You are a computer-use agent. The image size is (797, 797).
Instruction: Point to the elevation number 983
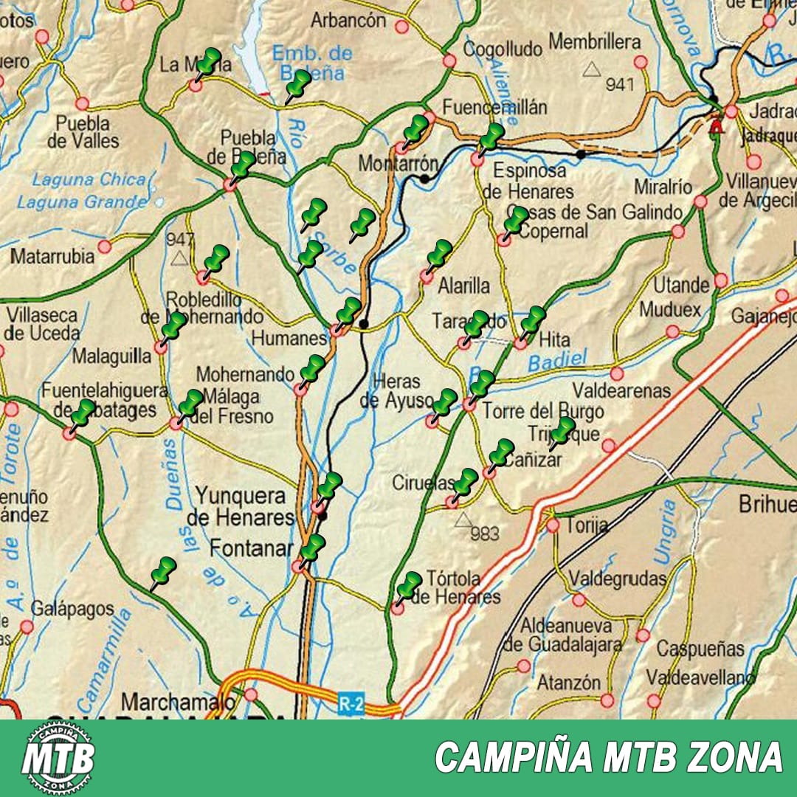tap(484, 533)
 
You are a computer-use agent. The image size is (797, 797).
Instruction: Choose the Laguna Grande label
tap(81, 201)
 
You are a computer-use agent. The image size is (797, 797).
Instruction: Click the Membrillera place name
tap(595, 41)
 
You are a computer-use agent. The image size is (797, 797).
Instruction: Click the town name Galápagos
tap(72, 610)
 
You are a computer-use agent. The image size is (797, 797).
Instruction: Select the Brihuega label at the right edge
tap(767, 505)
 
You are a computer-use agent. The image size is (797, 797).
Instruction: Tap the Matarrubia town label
tap(52, 257)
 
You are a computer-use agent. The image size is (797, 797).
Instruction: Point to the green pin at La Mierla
tap(208, 63)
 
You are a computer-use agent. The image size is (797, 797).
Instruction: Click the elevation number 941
tap(620, 84)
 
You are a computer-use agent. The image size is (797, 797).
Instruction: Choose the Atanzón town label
tap(568, 683)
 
